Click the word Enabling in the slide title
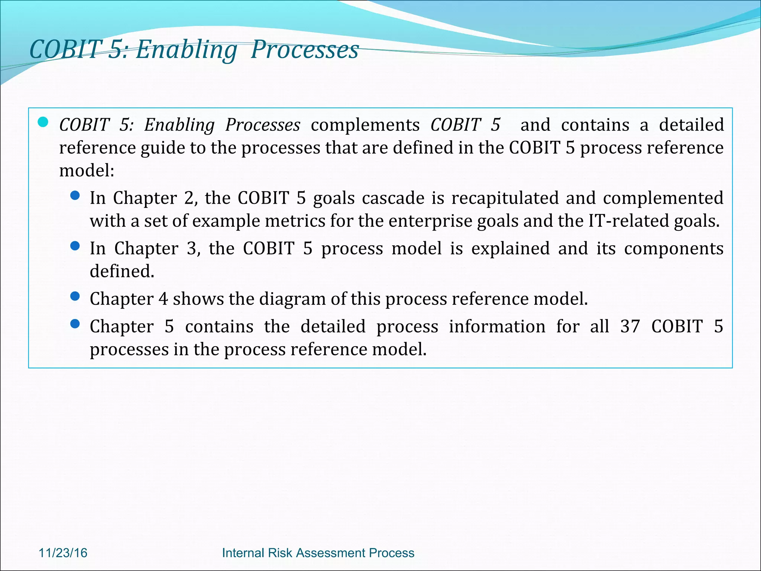pos(186,50)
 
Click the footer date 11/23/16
pos(63,553)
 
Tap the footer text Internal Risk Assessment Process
pos(318,553)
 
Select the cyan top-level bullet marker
pos(43,122)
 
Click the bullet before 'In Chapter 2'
pos(75,196)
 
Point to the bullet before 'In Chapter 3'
pos(75,246)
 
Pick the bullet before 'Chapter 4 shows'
pos(75,296)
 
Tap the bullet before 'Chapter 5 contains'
pos(75,324)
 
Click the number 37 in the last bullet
pos(630,326)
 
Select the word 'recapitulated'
pos(505,198)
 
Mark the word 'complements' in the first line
pos(365,125)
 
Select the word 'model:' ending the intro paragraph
pos(87,171)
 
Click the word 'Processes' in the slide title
pos(305,50)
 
